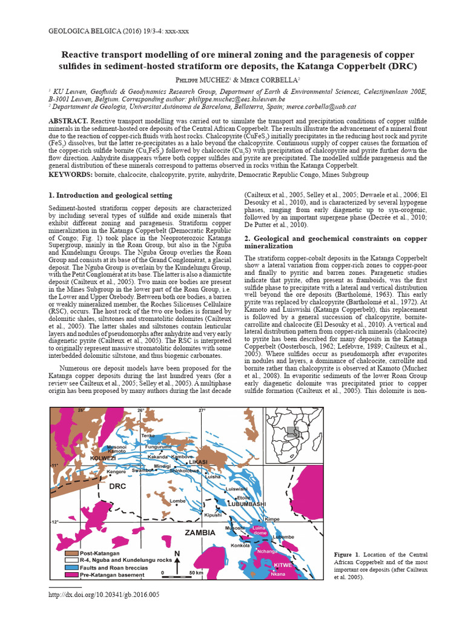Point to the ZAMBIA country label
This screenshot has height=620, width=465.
[198, 533]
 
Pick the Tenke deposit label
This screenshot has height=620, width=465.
[148, 435]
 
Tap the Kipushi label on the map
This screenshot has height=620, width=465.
[213, 514]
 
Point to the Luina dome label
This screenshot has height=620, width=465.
[259, 530]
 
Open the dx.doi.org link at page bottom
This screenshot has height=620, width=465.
[104, 595]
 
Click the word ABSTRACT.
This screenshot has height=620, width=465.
[68, 122]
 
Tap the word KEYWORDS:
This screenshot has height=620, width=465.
[70, 174]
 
